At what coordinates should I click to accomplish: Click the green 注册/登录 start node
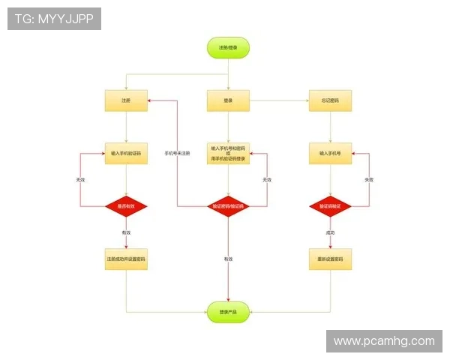[x=228, y=48]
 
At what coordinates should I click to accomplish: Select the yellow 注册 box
[x=126, y=100]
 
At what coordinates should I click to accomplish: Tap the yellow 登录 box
[x=228, y=100]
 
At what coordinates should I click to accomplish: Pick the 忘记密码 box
[x=330, y=100]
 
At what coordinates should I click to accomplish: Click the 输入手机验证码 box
[x=126, y=153]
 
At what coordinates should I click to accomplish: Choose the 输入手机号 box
[x=330, y=153]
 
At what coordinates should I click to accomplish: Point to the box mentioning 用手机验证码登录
[x=228, y=154]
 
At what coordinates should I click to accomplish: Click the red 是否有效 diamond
[x=126, y=205]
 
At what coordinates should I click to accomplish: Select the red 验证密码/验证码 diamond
[x=228, y=205]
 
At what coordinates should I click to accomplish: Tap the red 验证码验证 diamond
[x=330, y=205]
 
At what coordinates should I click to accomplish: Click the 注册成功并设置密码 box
[x=126, y=259]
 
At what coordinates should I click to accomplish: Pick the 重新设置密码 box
[x=330, y=259]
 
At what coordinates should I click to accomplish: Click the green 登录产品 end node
[x=228, y=311]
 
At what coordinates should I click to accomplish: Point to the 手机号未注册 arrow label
[x=178, y=153]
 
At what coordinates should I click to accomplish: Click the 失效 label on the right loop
[x=369, y=180]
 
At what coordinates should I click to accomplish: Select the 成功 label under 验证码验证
[x=330, y=233]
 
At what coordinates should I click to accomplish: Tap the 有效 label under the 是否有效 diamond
[x=126, y=233]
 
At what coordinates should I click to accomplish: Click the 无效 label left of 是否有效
[x=80, y=180]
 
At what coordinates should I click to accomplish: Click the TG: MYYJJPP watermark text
[x=54, y=19]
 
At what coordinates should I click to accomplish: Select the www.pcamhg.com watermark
[x=384, y=341]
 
